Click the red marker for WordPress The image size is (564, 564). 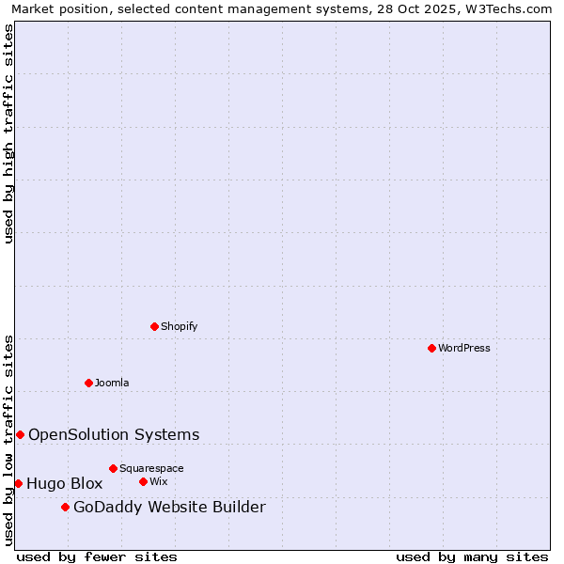point(431,348)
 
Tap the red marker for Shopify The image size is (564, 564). point(154,326)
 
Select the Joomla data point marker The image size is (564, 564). point(88,383)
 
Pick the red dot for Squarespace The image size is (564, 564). point(113,468)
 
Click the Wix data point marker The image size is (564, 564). point(143,481)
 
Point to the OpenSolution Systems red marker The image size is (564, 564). point(20,434)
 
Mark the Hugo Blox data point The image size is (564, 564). point(18,483)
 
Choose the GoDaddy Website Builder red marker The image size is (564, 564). point(65,507)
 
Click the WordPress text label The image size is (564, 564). point(464,349)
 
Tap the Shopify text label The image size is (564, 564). point(180,327)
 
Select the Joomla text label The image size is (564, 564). point(112,384)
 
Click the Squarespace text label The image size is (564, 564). point(151,469)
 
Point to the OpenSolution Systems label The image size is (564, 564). point(114,434)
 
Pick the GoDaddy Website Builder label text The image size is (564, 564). point(169,508)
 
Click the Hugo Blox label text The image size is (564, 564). point(64,484)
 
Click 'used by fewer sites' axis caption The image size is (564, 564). point(97,557)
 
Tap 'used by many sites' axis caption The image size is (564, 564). point(472,557)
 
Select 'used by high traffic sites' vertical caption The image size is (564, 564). point(9,133)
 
